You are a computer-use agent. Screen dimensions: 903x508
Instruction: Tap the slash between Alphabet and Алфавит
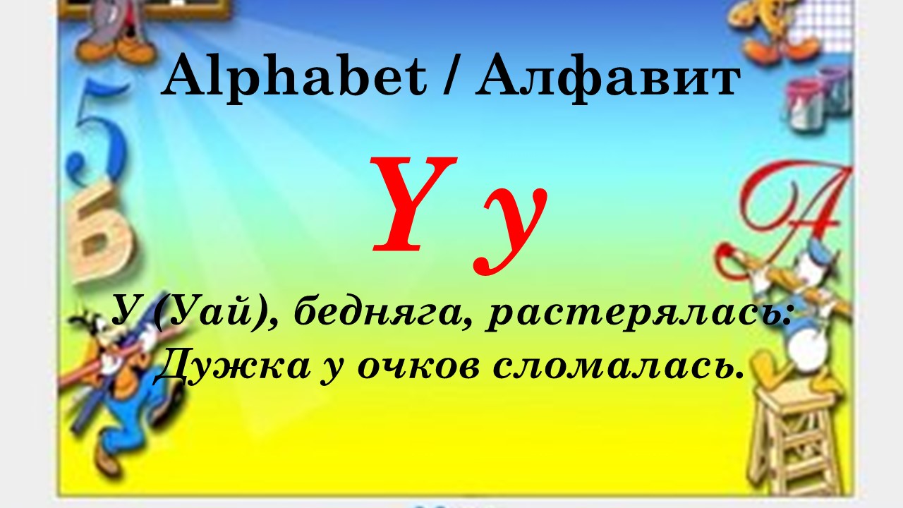(450, 77)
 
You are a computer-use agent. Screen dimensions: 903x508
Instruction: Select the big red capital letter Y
(414, 204)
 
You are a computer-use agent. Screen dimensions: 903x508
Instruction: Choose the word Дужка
(233, 365)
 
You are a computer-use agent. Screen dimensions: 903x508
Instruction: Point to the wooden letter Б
(101, 234)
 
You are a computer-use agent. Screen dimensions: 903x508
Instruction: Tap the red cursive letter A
(782, 214)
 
